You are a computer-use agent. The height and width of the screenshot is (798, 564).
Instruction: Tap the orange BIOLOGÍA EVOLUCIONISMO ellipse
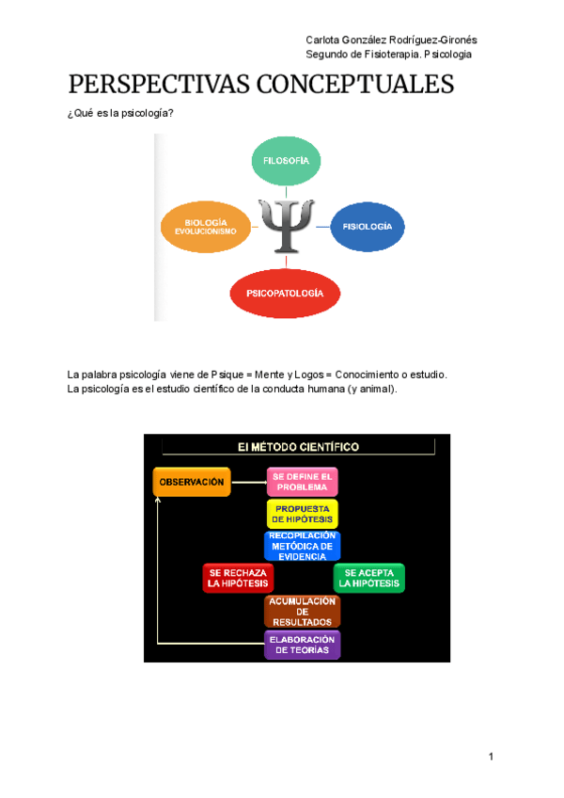pyautogui.click(x=206, y=227)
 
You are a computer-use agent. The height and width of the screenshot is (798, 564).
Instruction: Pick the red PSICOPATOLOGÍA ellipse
pyautogui.click(x=284, y=294)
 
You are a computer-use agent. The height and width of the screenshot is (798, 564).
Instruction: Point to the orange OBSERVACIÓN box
pyautogui.click(x=191, y=482)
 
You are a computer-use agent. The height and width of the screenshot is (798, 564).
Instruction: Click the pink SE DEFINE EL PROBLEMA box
pyautogui.click(x=302, y=482)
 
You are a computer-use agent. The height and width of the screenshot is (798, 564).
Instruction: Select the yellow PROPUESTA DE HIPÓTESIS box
pyautogui.click(x=302, y=514)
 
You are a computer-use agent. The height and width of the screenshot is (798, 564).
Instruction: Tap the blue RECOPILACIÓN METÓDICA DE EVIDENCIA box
pyautogui.click(x=302, y=546)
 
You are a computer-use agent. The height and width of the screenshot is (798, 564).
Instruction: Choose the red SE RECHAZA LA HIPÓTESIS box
pyautogui.click(x=238, y=578)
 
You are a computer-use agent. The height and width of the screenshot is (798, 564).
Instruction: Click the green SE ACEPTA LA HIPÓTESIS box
pyautogui.click(x=368, y=578)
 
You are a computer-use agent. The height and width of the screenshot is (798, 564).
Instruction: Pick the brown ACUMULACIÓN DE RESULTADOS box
pyautogui.click(x=302, y=612)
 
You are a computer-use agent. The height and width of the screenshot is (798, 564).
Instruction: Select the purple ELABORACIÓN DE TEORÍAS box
pyautogui.click(x=302, y=645)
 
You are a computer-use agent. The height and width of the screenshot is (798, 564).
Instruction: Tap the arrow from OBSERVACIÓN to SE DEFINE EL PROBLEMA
pyautogui.click(x=248, y=482)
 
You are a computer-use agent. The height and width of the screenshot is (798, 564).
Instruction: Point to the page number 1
pyautogui.click(x=491, y=757)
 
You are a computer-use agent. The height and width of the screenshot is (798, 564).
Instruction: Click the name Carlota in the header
pyautogui.click(x=325, y=40)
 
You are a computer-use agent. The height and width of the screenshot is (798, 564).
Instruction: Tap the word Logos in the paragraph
pyautogui.click(x=307, y=375)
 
